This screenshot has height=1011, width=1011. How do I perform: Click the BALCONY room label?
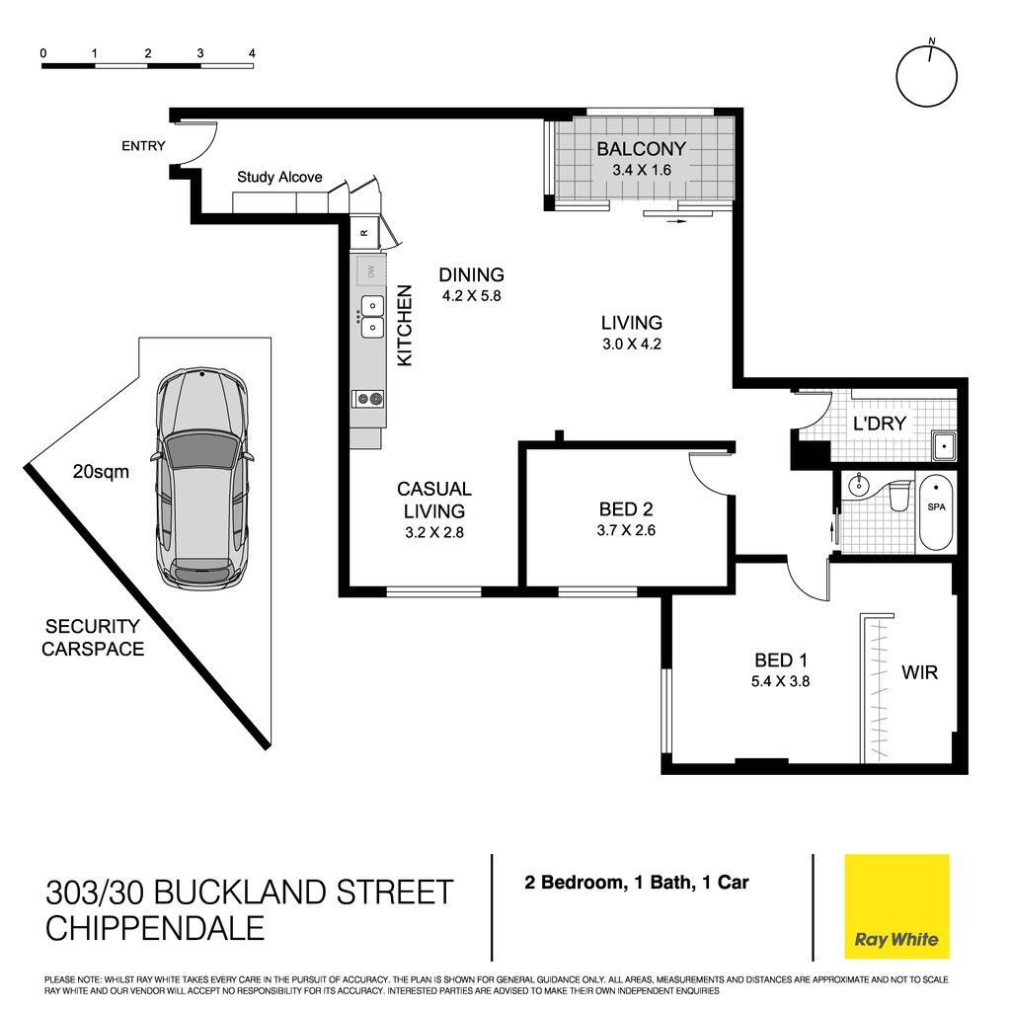click(x=641, y=149)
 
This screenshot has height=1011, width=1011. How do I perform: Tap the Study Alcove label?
click(x=279, y=177)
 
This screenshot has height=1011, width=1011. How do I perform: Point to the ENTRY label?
click(x=143, y=146)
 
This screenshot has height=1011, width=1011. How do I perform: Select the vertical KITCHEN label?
click(x=404, y=326)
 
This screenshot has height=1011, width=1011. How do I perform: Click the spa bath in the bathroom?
click(x=936, y=512)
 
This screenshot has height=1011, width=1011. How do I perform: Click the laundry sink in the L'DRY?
click(x=943, y=446)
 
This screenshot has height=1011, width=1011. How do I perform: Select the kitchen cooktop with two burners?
click(x=368, y=399)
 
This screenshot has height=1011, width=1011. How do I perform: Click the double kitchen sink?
click(x=372, y=317)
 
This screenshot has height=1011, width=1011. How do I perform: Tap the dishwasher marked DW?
click(x=371, y=271)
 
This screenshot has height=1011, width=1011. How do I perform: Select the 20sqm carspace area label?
click(x=101, y=472)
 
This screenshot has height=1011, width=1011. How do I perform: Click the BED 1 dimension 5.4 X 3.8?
click(x=780, y=681)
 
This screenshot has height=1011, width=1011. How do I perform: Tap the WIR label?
click(x=919, y=672)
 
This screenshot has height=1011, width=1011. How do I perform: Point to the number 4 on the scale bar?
click(x=252, y=53)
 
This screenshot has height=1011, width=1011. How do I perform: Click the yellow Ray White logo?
click(x=896, y=906)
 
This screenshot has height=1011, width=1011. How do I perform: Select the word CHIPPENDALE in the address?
click(x=155, y=928)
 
